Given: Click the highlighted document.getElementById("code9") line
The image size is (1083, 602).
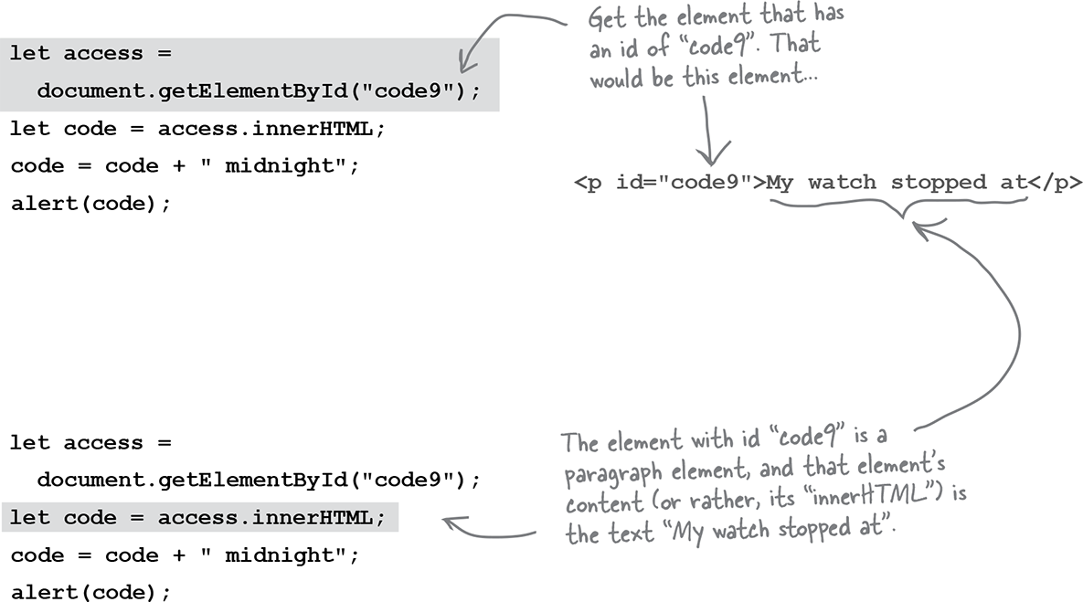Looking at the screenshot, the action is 259,91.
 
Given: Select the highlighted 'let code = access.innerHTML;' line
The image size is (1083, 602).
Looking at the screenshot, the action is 197,518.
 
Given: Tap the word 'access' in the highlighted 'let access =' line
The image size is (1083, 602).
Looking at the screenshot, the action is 103,54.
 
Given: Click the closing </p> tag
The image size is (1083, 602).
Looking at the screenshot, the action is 1055,183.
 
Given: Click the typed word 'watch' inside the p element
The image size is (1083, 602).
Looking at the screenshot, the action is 842,183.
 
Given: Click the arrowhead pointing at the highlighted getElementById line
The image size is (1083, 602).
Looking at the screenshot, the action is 468,64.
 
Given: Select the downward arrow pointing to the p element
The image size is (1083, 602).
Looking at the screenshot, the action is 709,132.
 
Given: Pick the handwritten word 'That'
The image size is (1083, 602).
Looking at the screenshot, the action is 796,44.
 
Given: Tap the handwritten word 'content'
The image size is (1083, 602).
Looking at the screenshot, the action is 604,503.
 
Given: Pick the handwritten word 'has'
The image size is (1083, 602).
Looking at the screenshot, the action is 829,13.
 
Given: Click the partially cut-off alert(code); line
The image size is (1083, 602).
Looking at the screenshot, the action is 90,592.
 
